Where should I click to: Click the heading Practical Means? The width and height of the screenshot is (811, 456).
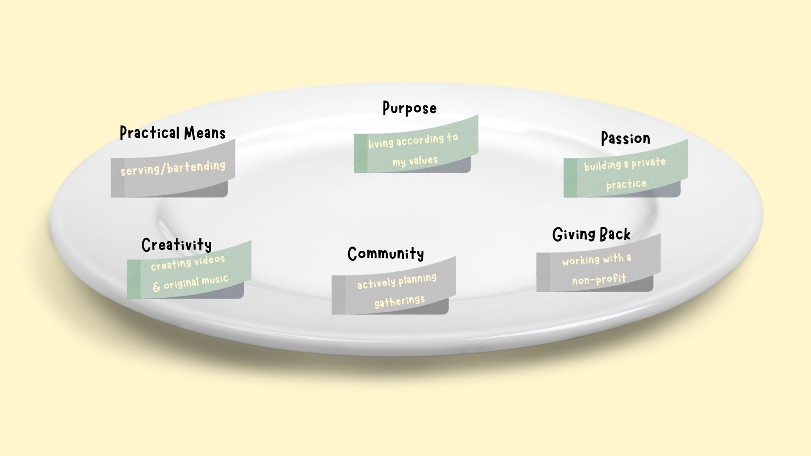point(172,133)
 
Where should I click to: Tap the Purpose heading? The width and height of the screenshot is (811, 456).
point(409,108)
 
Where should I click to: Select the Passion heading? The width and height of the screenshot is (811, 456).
point(625,138)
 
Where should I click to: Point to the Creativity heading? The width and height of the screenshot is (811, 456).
point(177,245)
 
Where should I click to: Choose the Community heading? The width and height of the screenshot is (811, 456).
point(386,254)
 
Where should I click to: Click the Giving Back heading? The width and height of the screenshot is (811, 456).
point(591,234)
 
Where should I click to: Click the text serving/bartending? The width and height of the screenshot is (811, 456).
point(173,168)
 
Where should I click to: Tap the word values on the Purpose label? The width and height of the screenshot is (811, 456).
point(423,160)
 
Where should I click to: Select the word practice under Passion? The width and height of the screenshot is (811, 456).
point(626,184)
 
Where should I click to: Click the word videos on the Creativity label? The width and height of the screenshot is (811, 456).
point(209,259)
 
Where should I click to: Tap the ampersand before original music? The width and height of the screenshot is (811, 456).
point(156,287)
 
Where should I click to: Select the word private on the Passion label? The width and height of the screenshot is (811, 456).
point(648,163)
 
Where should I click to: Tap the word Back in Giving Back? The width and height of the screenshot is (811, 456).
point(615,234)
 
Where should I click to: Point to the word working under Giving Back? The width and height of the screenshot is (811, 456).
point(581,261)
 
